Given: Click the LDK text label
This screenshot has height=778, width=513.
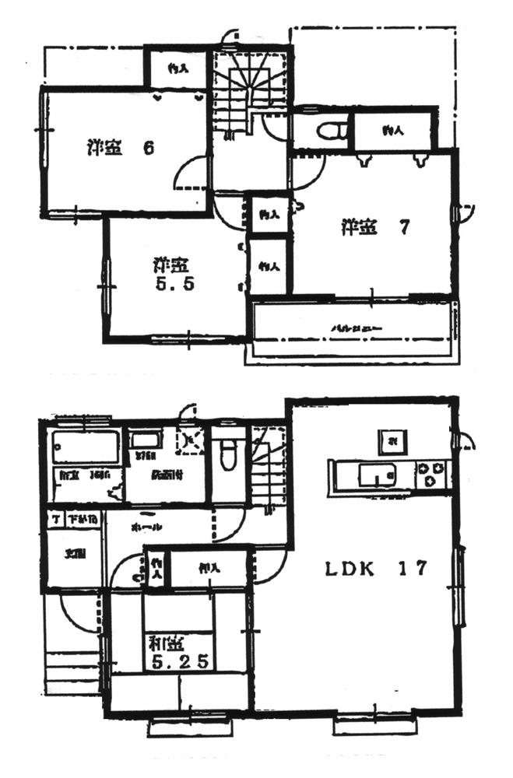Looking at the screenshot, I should pos(351,569).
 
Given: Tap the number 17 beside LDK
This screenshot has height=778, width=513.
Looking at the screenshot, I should pos(415,569).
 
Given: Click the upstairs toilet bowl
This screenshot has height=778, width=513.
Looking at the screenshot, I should pos(330,131).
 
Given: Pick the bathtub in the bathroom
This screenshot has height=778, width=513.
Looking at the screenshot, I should pos(86,448).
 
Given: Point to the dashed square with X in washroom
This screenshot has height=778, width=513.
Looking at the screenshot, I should pos(189,440).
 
